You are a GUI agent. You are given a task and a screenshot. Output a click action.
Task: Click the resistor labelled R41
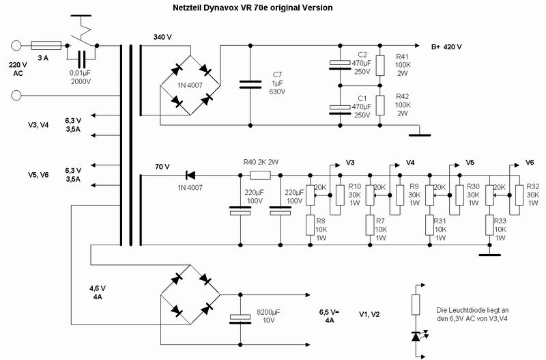coord(381,65)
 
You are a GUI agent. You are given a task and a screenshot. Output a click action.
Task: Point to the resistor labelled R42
coord(381,106)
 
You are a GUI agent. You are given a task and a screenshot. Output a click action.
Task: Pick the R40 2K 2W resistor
coord(259,176)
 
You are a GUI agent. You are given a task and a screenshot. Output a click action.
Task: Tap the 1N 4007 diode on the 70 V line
coord(191,176)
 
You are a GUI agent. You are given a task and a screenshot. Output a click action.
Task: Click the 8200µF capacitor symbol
coord(240,317)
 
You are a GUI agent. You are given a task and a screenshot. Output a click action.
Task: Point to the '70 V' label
coord(162,166)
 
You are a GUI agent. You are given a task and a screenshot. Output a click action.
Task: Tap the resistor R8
coord(311,224)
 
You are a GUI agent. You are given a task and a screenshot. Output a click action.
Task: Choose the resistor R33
coord(489,224)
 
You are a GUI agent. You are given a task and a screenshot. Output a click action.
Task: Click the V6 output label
coord(530,163)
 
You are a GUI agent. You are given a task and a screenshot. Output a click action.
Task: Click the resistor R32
coord(519,194)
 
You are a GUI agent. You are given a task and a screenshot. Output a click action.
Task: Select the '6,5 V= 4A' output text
coord(330,315)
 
